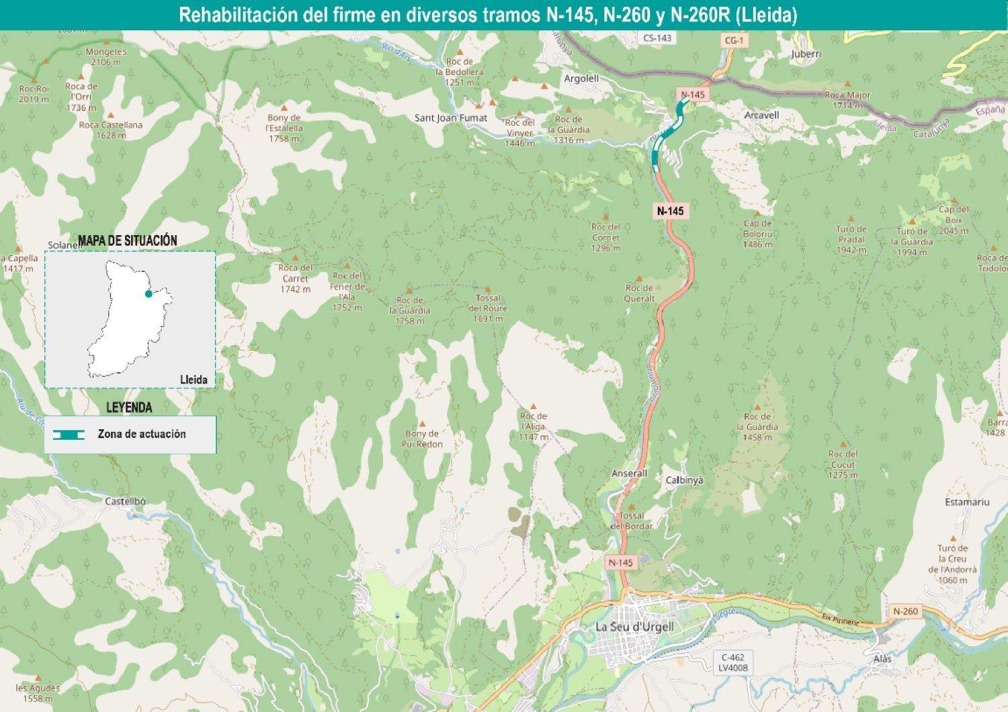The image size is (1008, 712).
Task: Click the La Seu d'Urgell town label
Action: click(634, 627)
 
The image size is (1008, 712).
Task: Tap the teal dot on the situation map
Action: click(149, 294)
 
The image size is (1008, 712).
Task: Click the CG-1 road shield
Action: click(734, 40)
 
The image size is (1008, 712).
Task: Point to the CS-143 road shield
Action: click(657, 38)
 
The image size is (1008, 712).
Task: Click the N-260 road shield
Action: click(905, 611)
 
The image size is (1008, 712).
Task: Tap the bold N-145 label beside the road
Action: click(670, 211)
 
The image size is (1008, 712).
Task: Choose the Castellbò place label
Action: click(125, 501)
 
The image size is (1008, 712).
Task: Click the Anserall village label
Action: click(629, 474)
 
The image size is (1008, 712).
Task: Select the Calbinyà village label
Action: click(684, 480)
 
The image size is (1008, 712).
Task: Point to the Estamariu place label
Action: click(967, 502)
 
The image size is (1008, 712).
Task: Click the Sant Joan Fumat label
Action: click(450, 118)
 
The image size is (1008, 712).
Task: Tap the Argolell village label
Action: click(581, 79)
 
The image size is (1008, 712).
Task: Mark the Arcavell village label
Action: click(761, 115)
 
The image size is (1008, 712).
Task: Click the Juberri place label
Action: click(806, 54)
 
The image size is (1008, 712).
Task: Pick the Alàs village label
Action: click(882, 659)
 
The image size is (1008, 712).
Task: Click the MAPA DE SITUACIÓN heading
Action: click(128, 240)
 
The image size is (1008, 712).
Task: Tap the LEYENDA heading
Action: click(129, 407)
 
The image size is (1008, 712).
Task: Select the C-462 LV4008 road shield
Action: click(731, 662)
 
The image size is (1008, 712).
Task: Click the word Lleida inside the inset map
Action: click(194, 380)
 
